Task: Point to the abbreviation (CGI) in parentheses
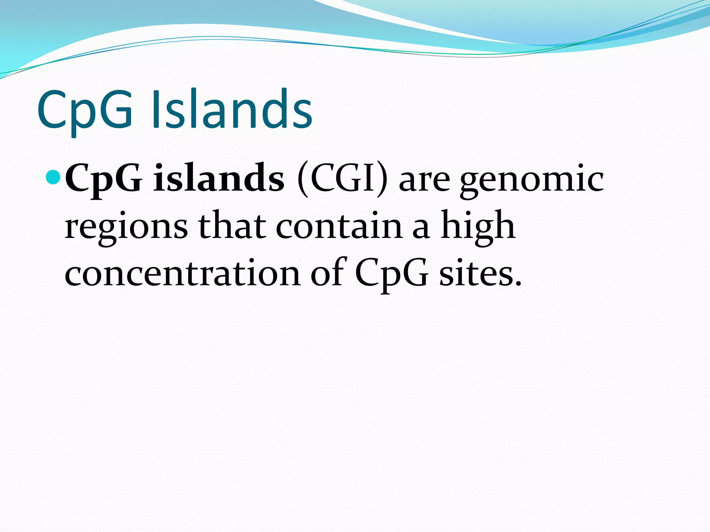[342, 179]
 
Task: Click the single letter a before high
[421, 229]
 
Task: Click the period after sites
[518, 284]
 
